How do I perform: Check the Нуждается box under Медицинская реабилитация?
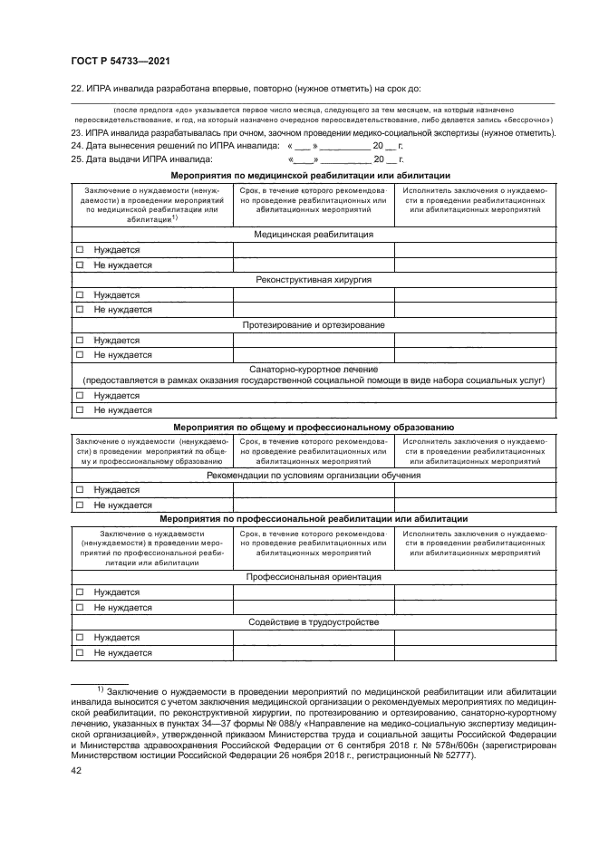pyautogui.click(x=80, y=249)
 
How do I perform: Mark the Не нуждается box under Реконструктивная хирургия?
pyautogui.click(x=80, y=310)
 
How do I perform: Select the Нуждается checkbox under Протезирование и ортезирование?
pyautogui.click(x=80, y=341)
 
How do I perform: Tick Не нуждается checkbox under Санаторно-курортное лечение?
pyautogui.click(x=80, y=410)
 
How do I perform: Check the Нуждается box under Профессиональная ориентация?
pyautogui.click(x=80, y=592)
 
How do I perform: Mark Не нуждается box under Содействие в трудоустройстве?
pyautogui.click(x=80, y=652)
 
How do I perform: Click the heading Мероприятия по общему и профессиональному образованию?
pyautogui.click(x=313, y=426)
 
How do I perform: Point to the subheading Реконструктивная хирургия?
pyautogui.click(x=313, y=280)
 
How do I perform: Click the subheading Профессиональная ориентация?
pyautogui.click(x=313, y=576)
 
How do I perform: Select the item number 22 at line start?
pyautogui.click(x=76, y=89)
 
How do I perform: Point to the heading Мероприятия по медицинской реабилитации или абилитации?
pyautogui.click(x=313, y=175)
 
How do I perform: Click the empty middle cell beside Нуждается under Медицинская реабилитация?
pyautogui.click(x=313, y=249)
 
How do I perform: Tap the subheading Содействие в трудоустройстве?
pyautogui.click(x=313, y=622)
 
